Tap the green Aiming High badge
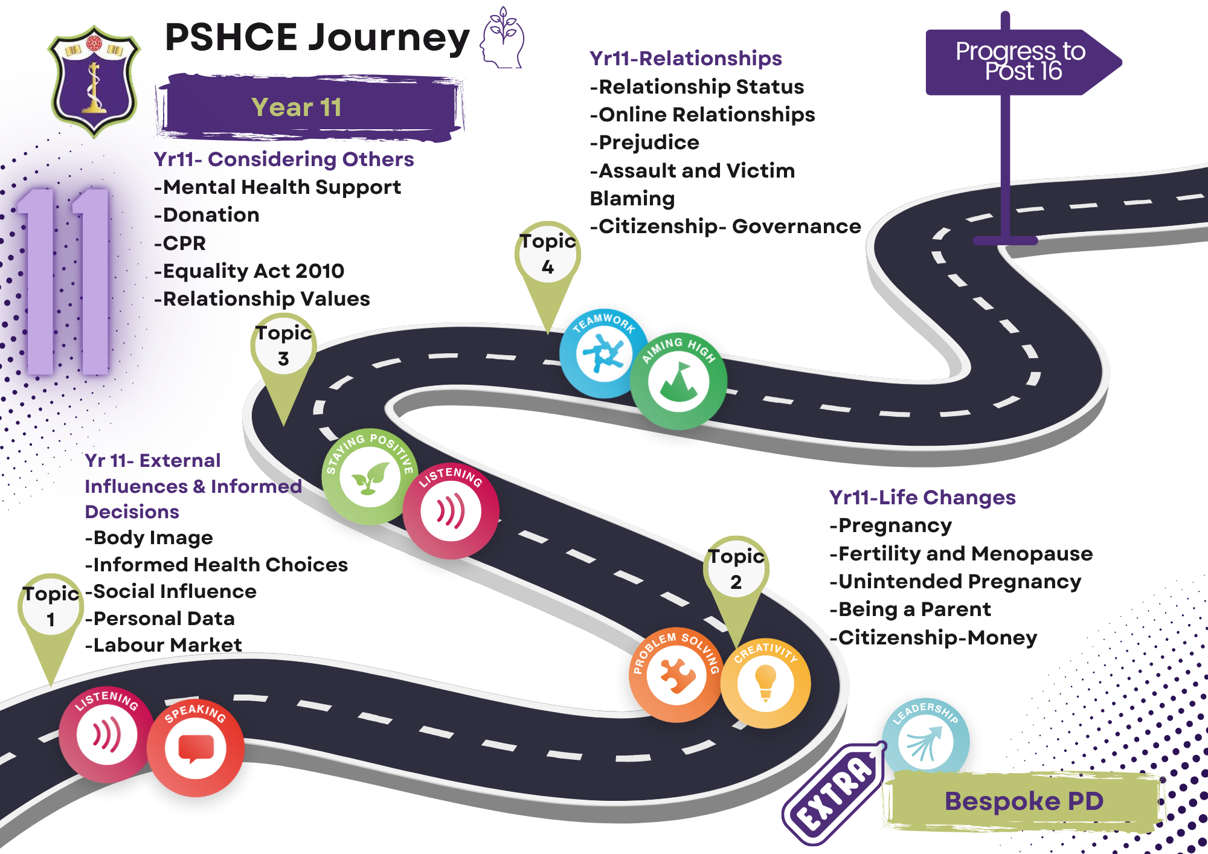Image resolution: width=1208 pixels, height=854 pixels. tap(678, 381)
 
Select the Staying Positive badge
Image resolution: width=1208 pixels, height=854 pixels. tap(368, 477)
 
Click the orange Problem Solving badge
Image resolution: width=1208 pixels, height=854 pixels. tap(676, 675)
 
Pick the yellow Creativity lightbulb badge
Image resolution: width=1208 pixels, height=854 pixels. tap(765, 683)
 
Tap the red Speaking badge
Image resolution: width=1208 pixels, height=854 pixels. tap(196, 748)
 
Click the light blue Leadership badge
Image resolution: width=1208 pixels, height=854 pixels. tap(925, 738)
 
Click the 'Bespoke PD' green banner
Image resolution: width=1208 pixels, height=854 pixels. tap(1024, 801)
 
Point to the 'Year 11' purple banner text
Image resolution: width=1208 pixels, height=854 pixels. tap(297, 108)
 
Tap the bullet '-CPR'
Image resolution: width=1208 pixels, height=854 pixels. tap(180, 243)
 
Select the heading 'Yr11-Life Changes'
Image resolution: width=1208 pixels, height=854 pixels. tap(922, 497)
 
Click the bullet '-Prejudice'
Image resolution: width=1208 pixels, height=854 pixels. tap(644, 143)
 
